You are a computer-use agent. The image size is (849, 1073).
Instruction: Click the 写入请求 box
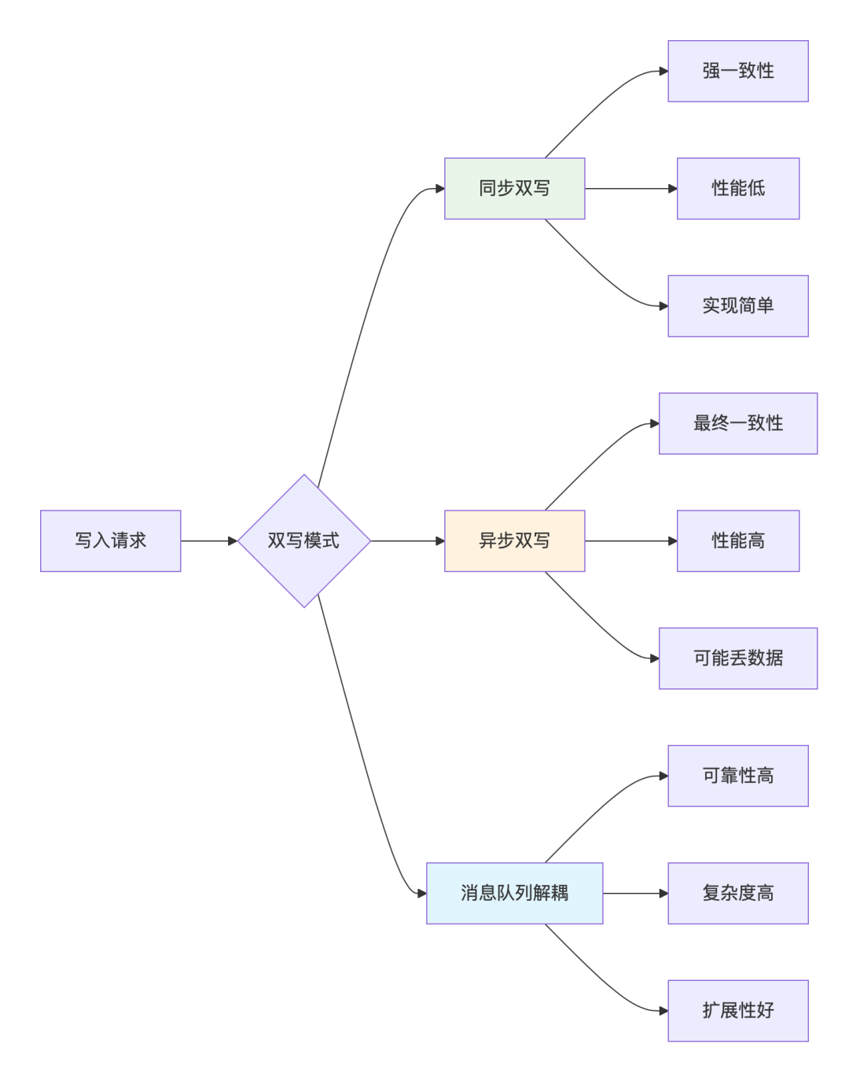point(110,540)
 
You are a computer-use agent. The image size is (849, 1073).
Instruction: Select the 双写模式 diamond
point(303,540)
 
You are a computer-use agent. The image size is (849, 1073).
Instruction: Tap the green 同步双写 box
point(514,188)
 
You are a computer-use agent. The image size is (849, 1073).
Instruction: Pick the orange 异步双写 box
point(514,540)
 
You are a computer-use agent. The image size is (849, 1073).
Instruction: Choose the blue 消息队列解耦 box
point(514,893)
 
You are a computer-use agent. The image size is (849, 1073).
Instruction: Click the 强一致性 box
point(737,71)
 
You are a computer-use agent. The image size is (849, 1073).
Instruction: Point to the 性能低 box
point(737,188)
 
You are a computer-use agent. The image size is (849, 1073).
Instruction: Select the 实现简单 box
point(737,306)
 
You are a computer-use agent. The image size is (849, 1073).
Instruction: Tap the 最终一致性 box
point(737,423)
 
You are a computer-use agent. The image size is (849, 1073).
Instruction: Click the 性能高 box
point(737,540)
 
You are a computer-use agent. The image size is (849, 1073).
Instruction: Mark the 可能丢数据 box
point(737,658)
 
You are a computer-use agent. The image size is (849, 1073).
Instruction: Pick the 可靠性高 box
point(737,776)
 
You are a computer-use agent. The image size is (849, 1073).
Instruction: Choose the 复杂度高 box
point(737,893)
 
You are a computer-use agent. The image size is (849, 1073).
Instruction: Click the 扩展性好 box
point(737,1011)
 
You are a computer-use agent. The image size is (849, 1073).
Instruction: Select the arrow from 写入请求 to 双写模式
point(208,540)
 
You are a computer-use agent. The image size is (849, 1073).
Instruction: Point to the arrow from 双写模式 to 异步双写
point(407,540)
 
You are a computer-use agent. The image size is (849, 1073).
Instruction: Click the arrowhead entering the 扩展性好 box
point(663,1011)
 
